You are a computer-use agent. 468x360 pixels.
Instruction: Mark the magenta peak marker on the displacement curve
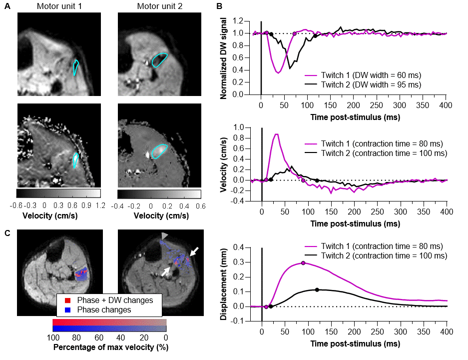click(x=304, y=263)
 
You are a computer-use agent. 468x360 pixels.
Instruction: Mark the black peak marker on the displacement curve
click(x=317, y=289)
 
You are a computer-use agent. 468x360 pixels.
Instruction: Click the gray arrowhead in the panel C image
click(x=165, y=235)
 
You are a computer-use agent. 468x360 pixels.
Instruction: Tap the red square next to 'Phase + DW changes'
click(x=61, y=300)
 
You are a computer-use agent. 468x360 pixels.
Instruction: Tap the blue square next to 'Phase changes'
click(x=61, y=309)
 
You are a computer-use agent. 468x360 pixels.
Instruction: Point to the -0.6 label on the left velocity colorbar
click(x=21, y=205)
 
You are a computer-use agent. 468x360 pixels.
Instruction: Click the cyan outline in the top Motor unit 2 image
click(x=160, y=59)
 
